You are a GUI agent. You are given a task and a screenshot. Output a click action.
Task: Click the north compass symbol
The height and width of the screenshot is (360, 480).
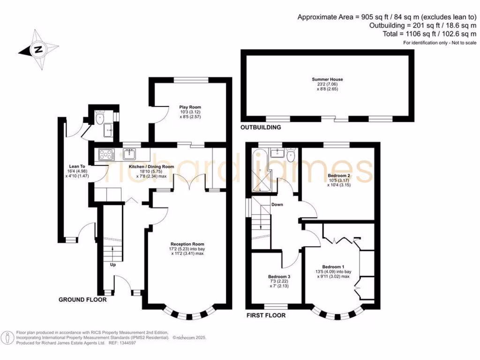38,50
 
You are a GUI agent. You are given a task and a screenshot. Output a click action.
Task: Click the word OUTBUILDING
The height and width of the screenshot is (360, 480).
261,127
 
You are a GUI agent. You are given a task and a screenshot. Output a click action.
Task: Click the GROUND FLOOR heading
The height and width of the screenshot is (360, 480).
82,300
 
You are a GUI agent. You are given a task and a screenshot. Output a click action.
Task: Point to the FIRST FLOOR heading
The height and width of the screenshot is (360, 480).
266,315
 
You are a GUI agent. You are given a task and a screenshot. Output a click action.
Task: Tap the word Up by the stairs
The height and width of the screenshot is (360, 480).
112,265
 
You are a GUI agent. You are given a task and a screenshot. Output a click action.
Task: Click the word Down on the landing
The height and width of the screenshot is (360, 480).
277,205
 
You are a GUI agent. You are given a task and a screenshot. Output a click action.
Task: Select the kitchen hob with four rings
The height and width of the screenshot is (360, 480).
105,154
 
